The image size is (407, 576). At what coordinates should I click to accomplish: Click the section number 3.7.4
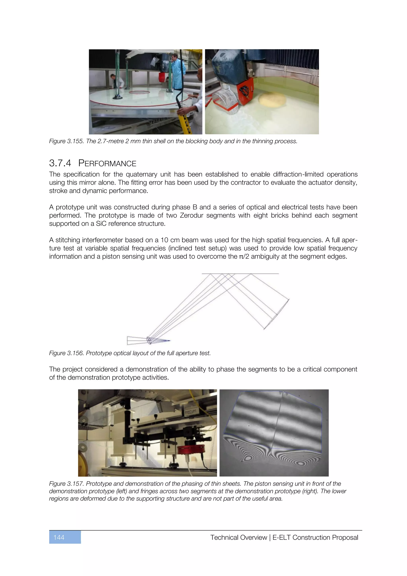[60, 163]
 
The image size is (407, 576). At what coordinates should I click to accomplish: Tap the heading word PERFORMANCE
[107, 163]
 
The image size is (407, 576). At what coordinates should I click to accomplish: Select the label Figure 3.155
[66, 141]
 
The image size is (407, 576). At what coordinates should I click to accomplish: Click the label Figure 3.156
[66, 353]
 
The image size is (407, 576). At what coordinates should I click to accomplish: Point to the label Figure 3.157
[66, 484]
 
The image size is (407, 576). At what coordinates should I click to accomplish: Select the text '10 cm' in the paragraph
[169, 240]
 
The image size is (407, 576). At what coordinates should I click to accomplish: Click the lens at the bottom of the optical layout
[149, 341]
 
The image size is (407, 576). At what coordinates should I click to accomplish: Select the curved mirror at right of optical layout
[277, 314]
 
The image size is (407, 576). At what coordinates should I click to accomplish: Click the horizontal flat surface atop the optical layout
[240, 274]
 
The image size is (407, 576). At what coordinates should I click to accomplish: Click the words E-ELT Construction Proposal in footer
[315, 537]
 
